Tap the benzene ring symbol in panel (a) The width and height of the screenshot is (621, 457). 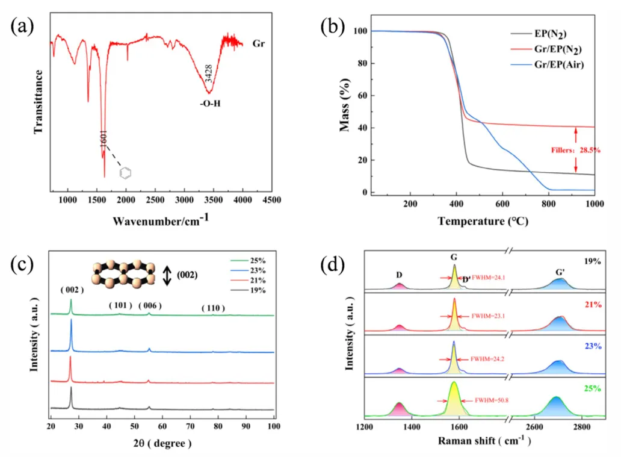(x=126, y=173)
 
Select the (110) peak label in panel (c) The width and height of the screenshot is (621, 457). (x=212, y=308)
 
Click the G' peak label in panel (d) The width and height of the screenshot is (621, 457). (x=560, y=272)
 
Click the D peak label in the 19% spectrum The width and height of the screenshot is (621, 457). (x=399, y=276)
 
